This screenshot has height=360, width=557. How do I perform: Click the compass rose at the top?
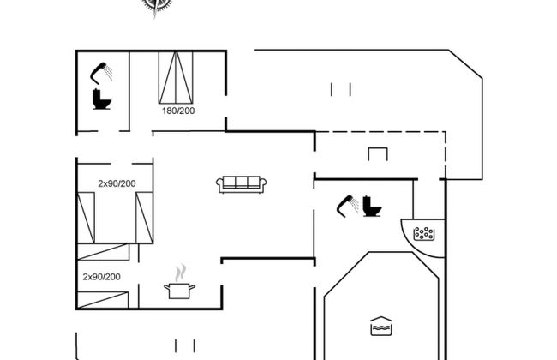(156, 6)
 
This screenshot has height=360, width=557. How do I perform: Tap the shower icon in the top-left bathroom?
(101, 73)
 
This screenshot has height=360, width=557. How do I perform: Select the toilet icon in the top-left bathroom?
(102, 99)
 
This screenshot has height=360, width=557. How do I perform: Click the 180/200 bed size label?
(178, 111)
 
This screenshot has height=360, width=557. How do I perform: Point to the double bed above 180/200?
(176, 77)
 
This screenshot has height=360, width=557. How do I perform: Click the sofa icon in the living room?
(242, 184)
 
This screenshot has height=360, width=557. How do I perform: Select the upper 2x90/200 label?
(117, 183)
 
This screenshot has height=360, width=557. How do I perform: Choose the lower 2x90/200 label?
(102, 277)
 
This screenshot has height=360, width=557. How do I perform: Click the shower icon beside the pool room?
(347, 206)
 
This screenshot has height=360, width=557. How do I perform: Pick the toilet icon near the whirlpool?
(372, 206)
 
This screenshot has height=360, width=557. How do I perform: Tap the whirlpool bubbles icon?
(424, 234)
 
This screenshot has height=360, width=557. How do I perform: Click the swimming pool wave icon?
(381, 327)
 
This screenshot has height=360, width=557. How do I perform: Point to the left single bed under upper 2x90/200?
(86, 218)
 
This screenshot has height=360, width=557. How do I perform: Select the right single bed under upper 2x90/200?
(144, 218)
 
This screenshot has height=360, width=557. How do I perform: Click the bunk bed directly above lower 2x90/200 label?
(104, 252)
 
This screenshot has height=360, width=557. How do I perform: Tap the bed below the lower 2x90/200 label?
(103, 300)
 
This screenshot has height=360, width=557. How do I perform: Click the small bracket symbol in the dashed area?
(378, 154)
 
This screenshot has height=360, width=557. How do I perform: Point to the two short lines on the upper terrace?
(341, 89)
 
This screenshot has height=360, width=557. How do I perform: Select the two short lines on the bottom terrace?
(185, 345)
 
